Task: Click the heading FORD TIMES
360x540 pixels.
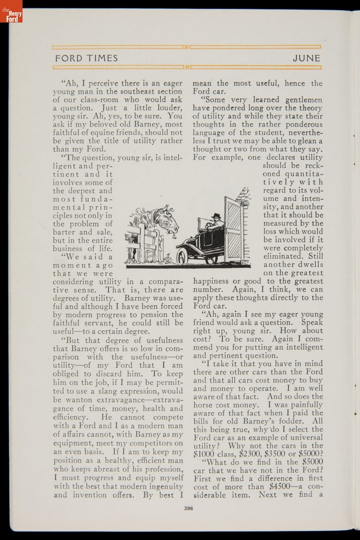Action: coord(86,58)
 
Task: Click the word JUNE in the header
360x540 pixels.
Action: coord(306,58)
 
